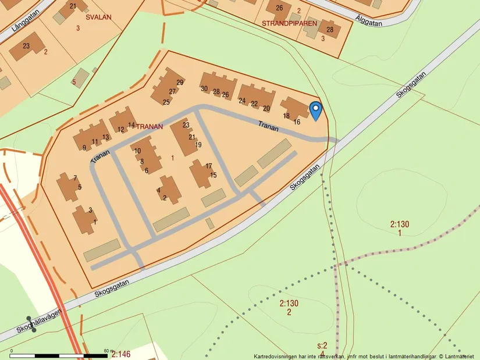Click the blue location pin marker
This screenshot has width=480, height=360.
click(x=315, y=111)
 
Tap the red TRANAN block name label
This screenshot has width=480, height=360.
click(x=150, y=126)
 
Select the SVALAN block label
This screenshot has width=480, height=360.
click(x=98, y=17)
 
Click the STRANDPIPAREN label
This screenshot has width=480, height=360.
click(x=289, y=24)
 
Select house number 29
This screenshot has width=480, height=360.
click(x=180, y=83)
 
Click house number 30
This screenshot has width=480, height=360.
click(x=204, y=88)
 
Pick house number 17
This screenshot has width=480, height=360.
click(x=209, y=166)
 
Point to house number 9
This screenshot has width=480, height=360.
click(x=84, y=148)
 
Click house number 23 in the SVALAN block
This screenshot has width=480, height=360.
click(x=26, y=46)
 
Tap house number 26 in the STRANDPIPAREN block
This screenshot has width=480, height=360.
click(x=279, y=8)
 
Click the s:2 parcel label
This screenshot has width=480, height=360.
click(x=322, y=345)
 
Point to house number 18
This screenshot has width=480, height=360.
click(x=286, y=116)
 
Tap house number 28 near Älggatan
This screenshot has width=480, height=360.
click(x=330, y=30)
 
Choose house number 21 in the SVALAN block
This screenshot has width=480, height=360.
click(x=73, y=6)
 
